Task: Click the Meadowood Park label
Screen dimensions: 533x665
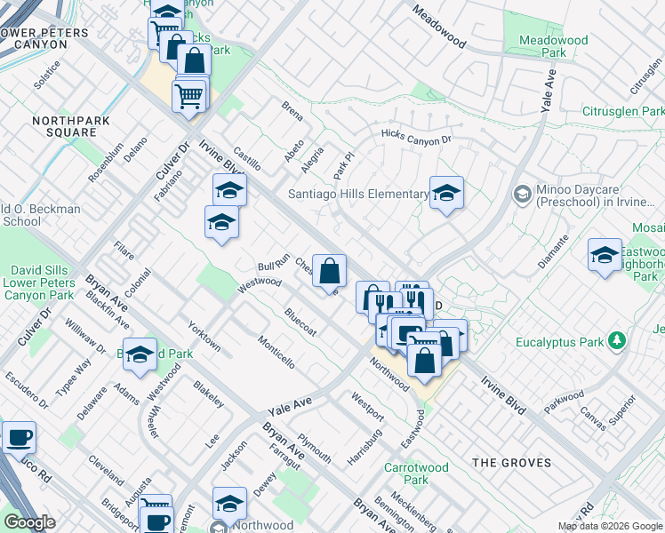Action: pyautogui.click(x=542, y=46)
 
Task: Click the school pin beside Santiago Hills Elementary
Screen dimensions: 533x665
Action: pyautogui.click(x=446, y=193)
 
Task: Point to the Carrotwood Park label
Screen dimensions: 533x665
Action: pyautogui.click(x=406, y=473)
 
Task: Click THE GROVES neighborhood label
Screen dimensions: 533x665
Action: pyautogui.click(x=511, y=463)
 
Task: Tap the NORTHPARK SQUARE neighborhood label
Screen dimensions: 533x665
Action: pyautogui.click(x=63, y=126)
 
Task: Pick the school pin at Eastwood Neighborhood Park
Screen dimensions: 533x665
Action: pyautogui.click(x=605, y=255)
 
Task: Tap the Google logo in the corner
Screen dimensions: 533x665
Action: pyautogui.click(x=29, y=522)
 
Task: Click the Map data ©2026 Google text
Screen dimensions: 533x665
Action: pyautogui.click(x=610, y=526)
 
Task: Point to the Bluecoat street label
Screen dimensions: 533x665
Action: pyautogui.click(x=300, y=322)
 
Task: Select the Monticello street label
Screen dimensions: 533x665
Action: pyautogui.click(x=276, y=352)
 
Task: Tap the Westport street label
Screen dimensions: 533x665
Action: pyautogui.click(x=367, y=406)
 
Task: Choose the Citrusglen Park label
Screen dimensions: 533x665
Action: pyautogui.click(x=622, y=112)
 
